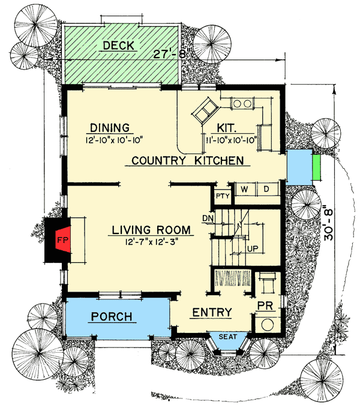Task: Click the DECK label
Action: pos(121,46)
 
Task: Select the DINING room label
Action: pos(110,127)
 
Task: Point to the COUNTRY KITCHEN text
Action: pos(187,160)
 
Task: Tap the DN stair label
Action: pos(208,217)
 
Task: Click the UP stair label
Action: pos(253,247)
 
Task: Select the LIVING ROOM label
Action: pos(151,230)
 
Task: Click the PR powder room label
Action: pos(265,305)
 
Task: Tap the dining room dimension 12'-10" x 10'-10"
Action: pos(114,140)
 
